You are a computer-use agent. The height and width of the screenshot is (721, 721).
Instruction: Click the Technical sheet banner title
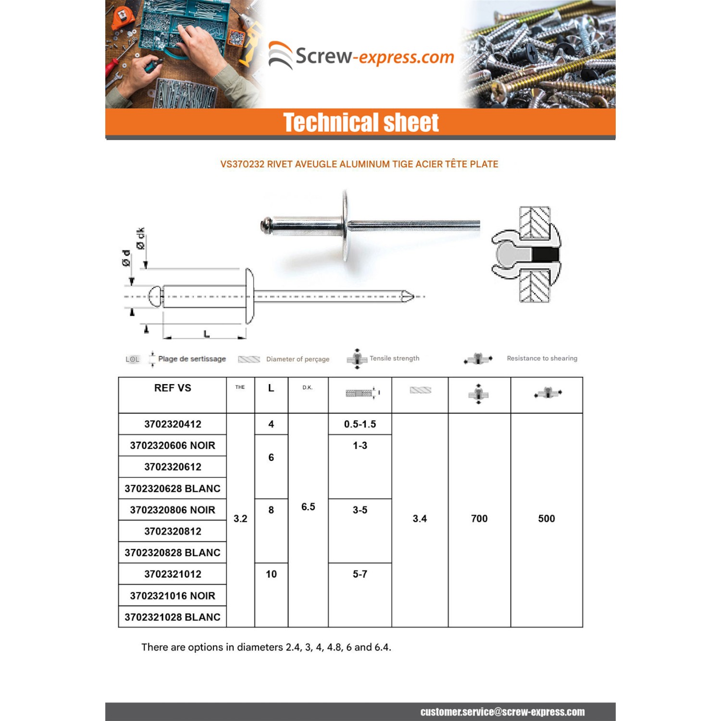click(x=360, y=123)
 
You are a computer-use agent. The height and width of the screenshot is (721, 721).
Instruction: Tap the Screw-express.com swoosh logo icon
click(x=280, y=56)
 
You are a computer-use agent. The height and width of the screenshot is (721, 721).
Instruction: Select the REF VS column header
click(x=173, y=388)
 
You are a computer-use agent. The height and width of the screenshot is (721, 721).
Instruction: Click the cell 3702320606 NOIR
click(x=173, y=446)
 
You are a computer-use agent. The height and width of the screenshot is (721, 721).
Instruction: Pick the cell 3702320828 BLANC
click(x=173, y=553)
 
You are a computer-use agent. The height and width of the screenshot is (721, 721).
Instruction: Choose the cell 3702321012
click(x=173, y=574)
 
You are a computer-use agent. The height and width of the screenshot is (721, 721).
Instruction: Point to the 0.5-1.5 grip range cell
click(x=360, y=424)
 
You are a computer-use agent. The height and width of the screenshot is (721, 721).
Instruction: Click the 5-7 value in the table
click(x=360, y=574)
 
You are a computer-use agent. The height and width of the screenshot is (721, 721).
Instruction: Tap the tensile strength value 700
click(x=479, y=519)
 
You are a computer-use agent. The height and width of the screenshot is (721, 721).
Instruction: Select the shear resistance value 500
click(x=547, y=519)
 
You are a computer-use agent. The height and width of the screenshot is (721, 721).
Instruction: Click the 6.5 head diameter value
click(x=308, y=507)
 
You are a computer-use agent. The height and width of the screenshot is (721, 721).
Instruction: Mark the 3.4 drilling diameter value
click(x=420, y=519)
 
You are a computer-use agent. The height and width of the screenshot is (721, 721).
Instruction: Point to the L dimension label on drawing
click(x=207, y=334)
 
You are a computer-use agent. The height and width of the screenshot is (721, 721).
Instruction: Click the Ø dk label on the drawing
click(x=140, y=238)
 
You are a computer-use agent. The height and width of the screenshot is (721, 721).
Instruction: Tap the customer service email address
click(x=502, y=712)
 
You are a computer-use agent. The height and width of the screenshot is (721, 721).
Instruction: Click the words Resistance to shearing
click(x=542, y=358)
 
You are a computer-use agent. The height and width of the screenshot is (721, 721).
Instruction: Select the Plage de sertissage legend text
click(x=192, y=359)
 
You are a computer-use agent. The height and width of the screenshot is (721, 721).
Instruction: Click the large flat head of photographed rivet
click(x=345, y=225)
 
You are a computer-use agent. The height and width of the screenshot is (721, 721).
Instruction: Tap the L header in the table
click(x=271, y=388)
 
